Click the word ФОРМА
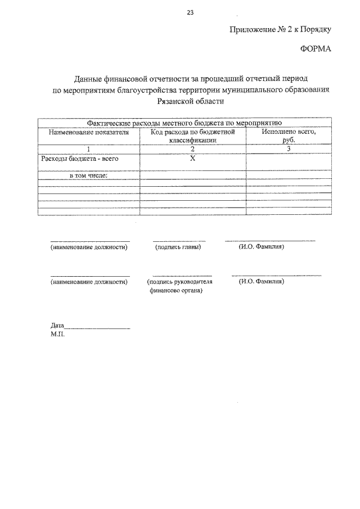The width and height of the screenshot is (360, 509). pyautogui.click(x=315, y=49)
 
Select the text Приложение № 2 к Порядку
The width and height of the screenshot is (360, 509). pyautogui.click(x=281, y=30)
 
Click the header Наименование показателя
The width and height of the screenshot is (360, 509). pyautogui.click(x=88, y=133)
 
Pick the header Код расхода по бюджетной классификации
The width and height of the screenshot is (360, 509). pyautogui.click(x=192, y=136)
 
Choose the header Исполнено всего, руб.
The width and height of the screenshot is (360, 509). pyautogui.click(x=289, y=136)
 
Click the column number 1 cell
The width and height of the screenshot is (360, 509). pyautogui.click(x=88, y=149)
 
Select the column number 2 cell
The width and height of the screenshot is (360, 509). pyautogui.click(x=192, y=149)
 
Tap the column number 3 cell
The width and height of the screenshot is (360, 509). pyautogui.click(x=289, y=149)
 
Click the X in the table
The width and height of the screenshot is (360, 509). pyautogui.click(x=192, y=159)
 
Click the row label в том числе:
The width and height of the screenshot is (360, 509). pyautogui.click(x=88, y=175)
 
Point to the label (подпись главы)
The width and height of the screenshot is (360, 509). pyautogui.click(x=178, y=247)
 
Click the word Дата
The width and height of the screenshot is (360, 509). pyautogui.click(x=57, y=326)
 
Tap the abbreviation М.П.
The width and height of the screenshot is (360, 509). pyautogui.click(x=57, y=334)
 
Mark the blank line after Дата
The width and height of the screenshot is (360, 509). pyautogui.click(x=97, y=328)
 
